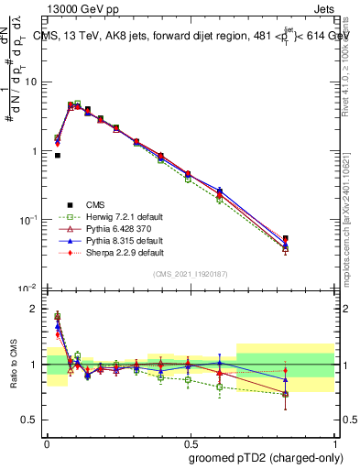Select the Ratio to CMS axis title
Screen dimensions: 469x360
click(x=15, y=364)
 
